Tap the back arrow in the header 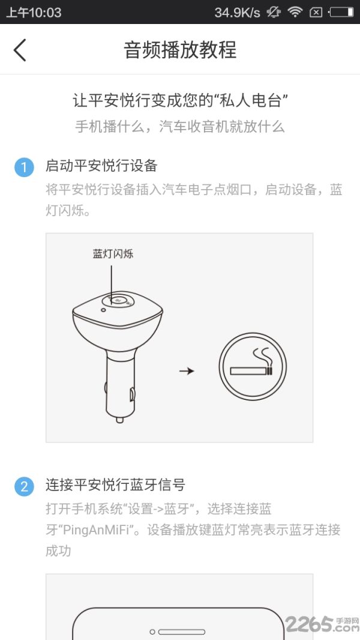(x=20, y=50)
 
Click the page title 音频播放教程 (x=180, y=50)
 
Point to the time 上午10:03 (x=34, y=12)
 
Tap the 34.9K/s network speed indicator (x=237, y=12)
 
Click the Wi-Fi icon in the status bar (x=295, y=12)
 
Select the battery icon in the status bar (x=341, y=12)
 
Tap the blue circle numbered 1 (x=24, y=168)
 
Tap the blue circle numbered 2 (x=24, y=486)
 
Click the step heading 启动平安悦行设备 (x=101, y=166)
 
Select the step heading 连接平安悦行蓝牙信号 (x=115, y=485)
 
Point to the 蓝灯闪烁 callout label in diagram (x=113, y=254)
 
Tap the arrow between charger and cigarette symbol (x=187, y=371)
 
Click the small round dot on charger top (x=103, y=310)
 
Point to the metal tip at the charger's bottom (x=119, y=420)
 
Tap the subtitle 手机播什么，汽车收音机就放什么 (x=180, y=127)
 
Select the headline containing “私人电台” (x=180, y=100)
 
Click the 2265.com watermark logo (x=322, y=624)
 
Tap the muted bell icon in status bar (x=273, y=12)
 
